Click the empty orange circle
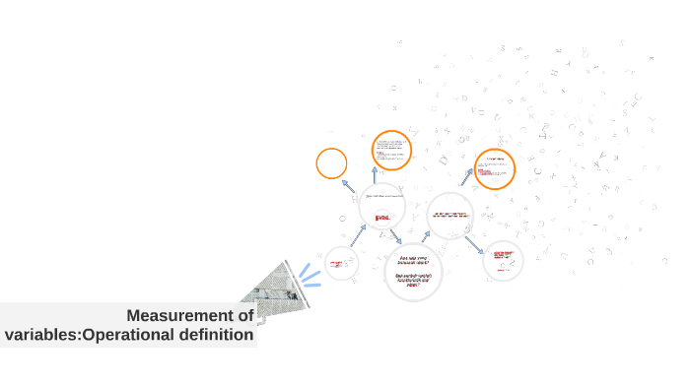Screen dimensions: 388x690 coord(331,163)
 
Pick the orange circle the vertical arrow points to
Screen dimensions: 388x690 coord(391,150)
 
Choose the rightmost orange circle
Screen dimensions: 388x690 coord(494,168)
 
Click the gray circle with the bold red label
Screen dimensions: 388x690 coord(382,207)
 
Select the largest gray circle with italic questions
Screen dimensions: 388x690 coord(414,272)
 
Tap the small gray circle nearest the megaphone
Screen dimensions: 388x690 coord(341,263)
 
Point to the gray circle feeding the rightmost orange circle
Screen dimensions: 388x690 coord(450,216)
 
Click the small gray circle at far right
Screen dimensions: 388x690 coord(503,259)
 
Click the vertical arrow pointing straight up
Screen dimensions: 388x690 coord(375,174)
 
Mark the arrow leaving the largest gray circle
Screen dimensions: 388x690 coord(425,237)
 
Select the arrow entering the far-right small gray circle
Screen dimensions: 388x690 coord(474,243)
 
